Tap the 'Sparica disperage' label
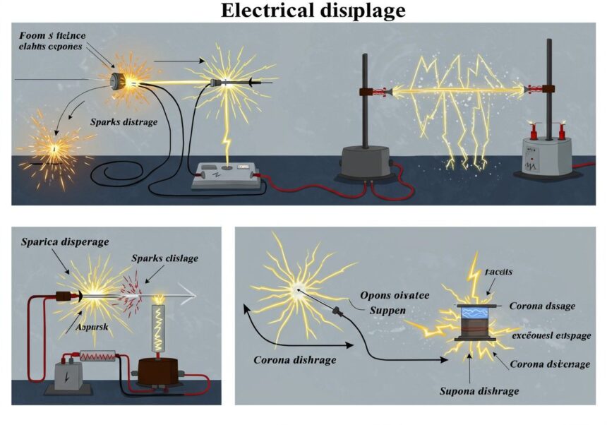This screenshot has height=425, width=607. (x=64, y=242)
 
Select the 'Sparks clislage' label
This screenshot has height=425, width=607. (x=164, y=258)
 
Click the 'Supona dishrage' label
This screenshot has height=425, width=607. (x=479, y=390)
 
